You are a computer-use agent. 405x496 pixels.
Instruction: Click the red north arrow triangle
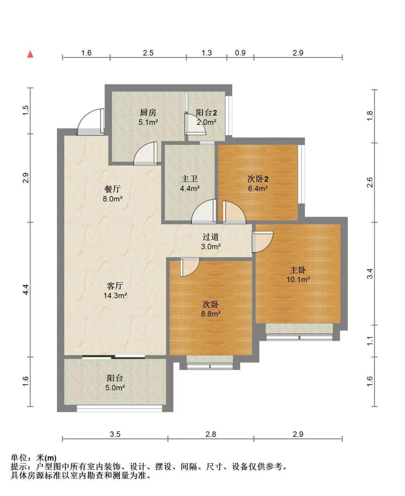point(30,54)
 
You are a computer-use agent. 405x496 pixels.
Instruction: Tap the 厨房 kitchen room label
point(148,113)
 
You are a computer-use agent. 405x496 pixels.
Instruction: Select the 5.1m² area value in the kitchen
point(148,122)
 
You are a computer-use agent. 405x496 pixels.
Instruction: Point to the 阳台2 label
point(206,113)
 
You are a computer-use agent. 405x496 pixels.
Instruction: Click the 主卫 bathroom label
point(190,179)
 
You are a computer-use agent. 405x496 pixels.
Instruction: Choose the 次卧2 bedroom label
point(258,179)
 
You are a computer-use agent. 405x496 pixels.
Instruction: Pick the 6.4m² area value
point(258,188)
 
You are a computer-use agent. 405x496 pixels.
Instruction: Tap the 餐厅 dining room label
point(112,189)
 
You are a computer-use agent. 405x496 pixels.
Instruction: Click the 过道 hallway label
point(211,237)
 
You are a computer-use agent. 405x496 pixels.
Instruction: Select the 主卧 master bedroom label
point(298,270)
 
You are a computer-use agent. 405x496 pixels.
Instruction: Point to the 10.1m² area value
point(298,279)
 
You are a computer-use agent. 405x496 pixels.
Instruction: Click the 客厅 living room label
point(115,286)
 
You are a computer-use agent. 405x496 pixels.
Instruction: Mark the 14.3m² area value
point(115,295)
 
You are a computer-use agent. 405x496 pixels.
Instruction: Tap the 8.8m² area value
point(211,314)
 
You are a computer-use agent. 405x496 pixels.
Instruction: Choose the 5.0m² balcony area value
point(115,387)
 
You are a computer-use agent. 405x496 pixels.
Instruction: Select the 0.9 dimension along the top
point(240,53)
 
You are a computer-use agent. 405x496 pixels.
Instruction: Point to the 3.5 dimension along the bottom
point(115,434)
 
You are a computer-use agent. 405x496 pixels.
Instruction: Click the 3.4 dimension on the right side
point(370,273)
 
